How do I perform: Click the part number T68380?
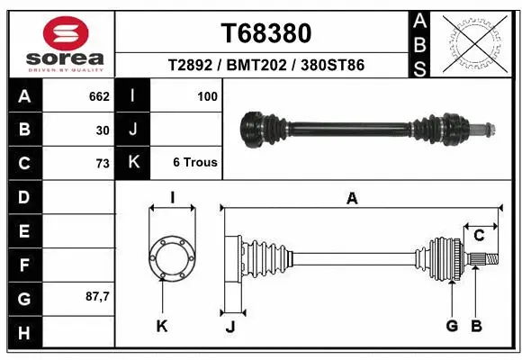(x=266, y=33)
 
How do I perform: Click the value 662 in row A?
(x=98, y=94)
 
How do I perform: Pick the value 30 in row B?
(x=103, y=130)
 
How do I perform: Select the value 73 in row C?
(x=102, y=163)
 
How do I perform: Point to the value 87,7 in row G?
(x=96, y=296)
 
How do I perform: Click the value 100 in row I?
(x=207, y=94)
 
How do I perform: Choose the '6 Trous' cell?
(x=195, y=163)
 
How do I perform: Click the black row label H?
(x=23, y=333)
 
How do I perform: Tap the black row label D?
(x=23, y=196)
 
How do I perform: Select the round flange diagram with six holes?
(x=172, y=256)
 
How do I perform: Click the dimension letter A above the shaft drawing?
(x=352, y=198)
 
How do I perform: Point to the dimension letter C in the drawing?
(x=479, y=236)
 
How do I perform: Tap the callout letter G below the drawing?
(x=451, y=326)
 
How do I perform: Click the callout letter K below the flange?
(x=162, y=326)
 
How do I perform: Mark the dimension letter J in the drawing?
(x=229, y=326)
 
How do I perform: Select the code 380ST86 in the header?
(x=333, y=65)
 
